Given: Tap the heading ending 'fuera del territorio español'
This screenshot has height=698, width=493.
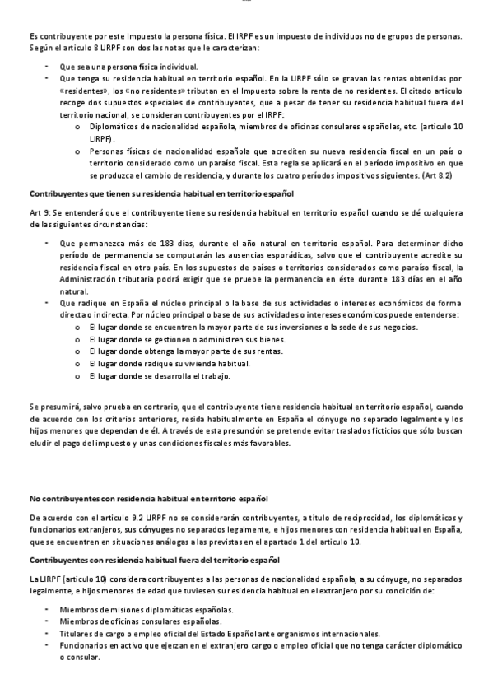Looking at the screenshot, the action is pyautogui.click(x=154, y=560).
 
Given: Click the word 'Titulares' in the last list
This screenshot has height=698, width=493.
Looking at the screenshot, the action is pyautogui.click(x=77, y=634).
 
